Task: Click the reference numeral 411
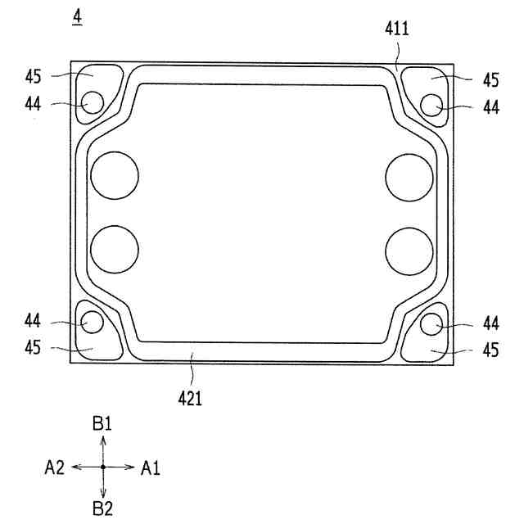click(x=396, y=29)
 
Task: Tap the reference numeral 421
click(x=190, y=399)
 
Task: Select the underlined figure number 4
click(x=77, y=17)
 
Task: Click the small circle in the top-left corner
click(x=93, y=102)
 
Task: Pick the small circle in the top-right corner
click(x=431, y=106)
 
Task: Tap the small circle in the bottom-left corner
click(x=93, y=322)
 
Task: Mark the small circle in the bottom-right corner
click(x=431, y=324)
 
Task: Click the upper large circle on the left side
click(x=115, y=175)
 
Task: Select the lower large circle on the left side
click(x=115, y=249)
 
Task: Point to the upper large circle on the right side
click(x=409, y=178)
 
